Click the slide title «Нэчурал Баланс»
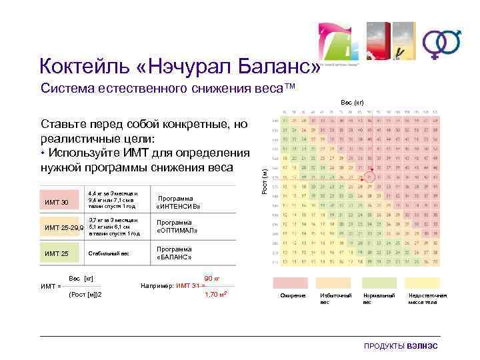[x=180, y=66]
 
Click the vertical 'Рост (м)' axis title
[x=264, y=181]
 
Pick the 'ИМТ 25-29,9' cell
[x=63, y=227]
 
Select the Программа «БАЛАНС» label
[x=174, y=253]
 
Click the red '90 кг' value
[x=212, y=277]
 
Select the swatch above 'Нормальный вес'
[x=377, y=283]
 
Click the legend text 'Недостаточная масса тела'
[x=427, y=298]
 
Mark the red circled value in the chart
[x=370, y=179]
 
